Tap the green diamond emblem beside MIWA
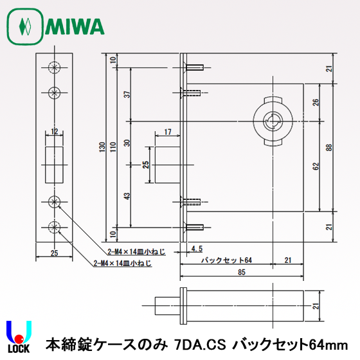[25, 27]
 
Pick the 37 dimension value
[127, 94]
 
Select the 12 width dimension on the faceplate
[55, 132]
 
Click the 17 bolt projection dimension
[167, 132]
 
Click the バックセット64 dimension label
[224, 260]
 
